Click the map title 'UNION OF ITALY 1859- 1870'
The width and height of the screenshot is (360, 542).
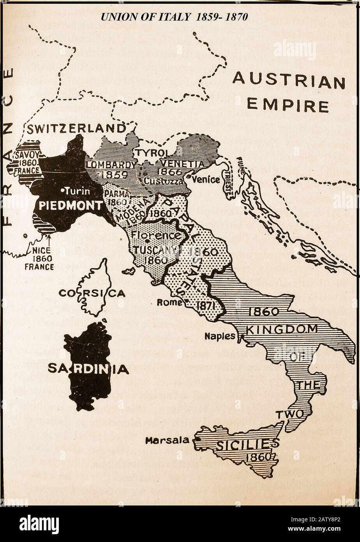pos(174,17)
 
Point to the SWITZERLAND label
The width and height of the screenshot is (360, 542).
pos(76,128)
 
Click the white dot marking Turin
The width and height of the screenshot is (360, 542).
pos(63,191)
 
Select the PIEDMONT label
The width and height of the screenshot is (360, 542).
pos(71,205)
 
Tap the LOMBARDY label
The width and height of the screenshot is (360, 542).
pos(111,165)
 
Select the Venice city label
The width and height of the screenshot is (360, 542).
pos(206,180)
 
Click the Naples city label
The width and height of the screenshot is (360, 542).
pos(220,336)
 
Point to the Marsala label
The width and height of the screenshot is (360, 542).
pos(167,441)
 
